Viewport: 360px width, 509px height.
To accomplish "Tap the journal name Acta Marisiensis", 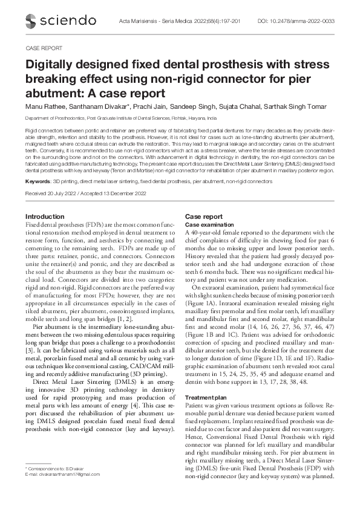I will (172, 21).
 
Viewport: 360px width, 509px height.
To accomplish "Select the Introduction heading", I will (45, 216).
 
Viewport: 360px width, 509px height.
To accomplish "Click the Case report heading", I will (203, 216).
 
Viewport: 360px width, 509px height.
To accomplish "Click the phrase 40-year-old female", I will (220, 232).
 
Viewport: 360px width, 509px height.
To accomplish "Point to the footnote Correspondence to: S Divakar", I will (51, 469).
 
